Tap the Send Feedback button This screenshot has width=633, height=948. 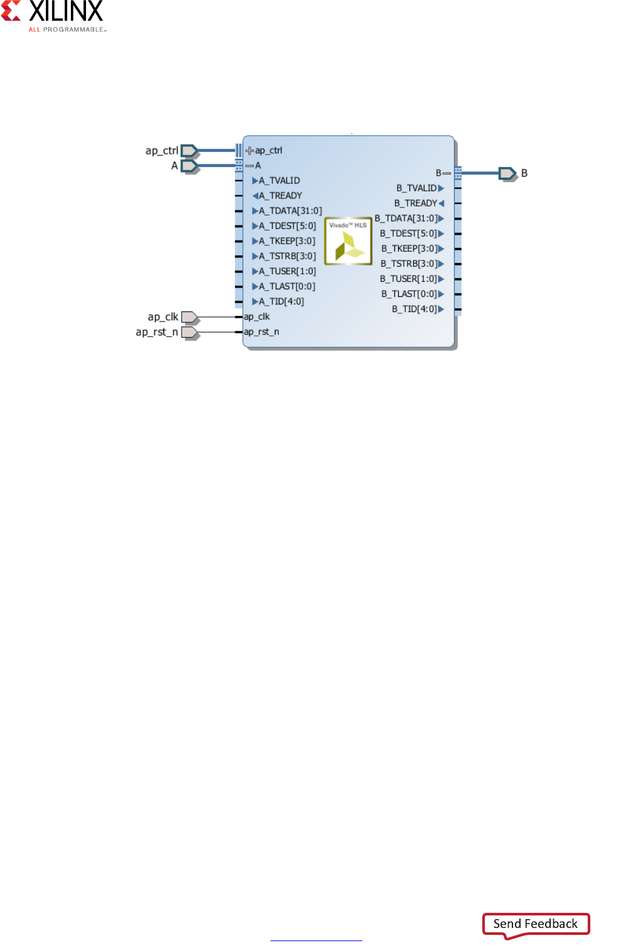coord(536,924)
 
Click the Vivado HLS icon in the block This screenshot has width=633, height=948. coord(348,241)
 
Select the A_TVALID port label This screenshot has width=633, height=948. coord(279,181)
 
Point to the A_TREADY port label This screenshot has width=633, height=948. coord(280,196)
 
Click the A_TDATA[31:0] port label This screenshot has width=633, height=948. coord(290,211)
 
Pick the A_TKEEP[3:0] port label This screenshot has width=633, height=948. coord(287,241)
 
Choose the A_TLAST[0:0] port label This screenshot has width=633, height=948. coord(287,286)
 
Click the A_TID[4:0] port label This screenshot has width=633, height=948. coord(281,301)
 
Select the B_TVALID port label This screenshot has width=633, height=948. coord(416,188)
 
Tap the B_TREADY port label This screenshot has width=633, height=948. coord(416,203)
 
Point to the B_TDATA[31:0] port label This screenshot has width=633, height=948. coord(406,218)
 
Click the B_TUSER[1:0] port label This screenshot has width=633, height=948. coord(409,279)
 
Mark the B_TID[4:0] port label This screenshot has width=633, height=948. coord(414,309)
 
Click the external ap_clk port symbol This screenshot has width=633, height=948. coord(190,317)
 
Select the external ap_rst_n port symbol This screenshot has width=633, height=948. coord(190,332)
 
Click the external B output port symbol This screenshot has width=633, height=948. coord(507,173)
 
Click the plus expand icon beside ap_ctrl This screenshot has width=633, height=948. coord(249,151)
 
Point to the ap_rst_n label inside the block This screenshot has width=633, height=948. coord(261,332)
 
